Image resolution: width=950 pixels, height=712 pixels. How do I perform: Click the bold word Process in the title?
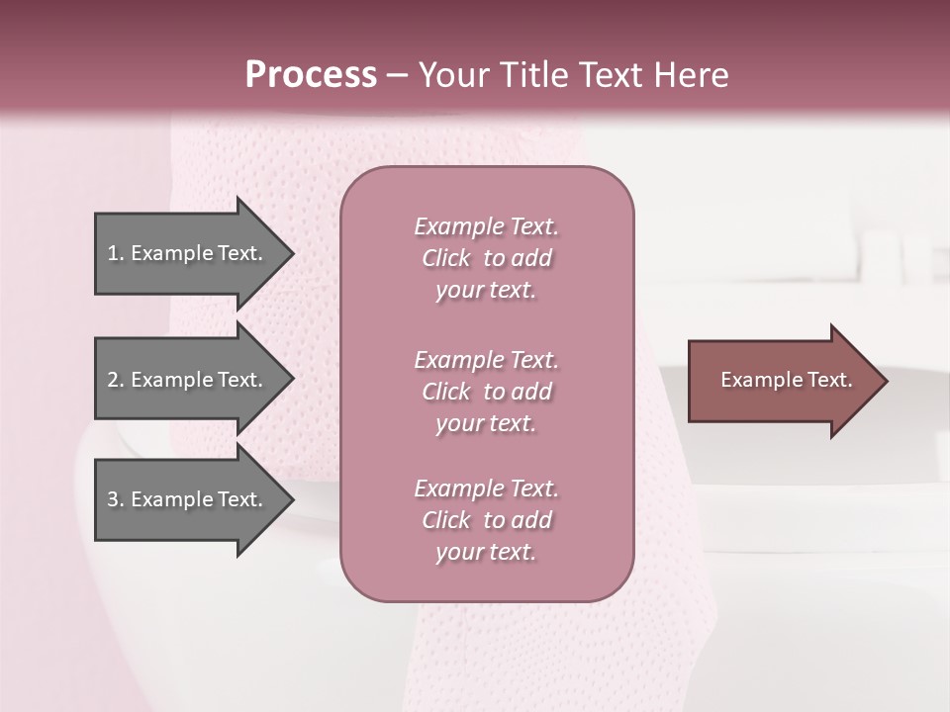(311, 75)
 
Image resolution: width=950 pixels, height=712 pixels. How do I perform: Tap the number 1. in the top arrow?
(116, 253)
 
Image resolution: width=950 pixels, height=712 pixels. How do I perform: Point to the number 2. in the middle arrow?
(116, 380)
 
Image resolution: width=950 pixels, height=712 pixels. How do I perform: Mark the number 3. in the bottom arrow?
(116, 499)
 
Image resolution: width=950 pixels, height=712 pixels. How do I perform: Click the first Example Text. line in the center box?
(486, 226)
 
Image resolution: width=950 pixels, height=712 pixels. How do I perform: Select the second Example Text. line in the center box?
(486, 359)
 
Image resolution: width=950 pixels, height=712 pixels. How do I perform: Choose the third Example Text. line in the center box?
(486, 489)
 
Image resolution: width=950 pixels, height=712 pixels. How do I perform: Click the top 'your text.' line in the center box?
(486, 291)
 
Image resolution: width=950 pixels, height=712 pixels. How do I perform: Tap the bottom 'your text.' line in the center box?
(486, 553)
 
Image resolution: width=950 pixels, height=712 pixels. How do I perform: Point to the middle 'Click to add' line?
(486, 392)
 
